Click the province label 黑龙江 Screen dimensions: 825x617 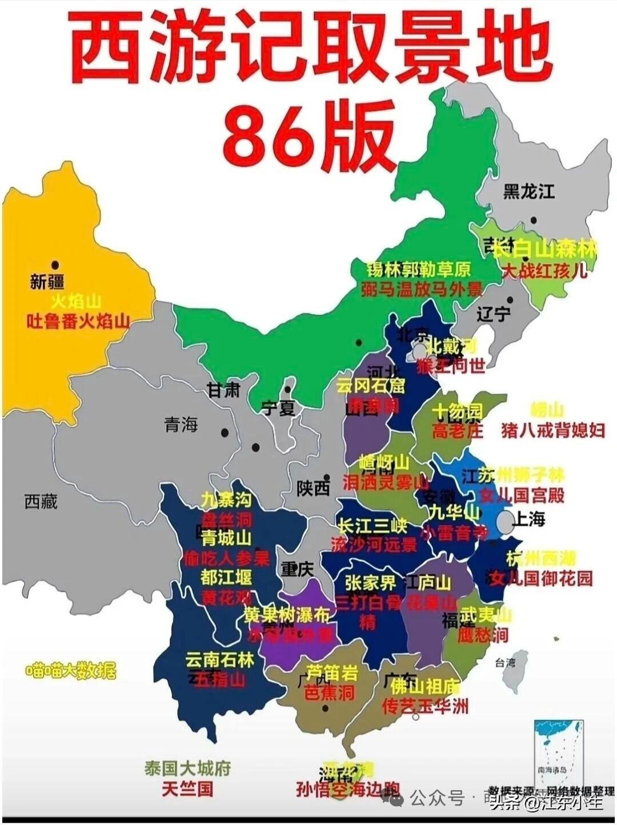pos(528,191)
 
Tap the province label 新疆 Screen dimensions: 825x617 pos(47,282)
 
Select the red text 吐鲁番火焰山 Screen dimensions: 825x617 pos(78,322)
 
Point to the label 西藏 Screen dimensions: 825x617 pos(41,502)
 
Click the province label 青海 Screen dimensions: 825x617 pos(181,424)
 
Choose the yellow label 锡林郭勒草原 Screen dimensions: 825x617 pos(418,269)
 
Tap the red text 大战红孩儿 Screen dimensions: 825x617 pos(544,270)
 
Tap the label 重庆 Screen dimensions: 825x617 pos(297,568)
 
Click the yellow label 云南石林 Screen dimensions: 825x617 pos(219,660)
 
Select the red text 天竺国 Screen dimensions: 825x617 pos(187,789)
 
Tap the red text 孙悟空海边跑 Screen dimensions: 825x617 pos(347,789)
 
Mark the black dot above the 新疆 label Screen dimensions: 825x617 pos(55,265)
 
